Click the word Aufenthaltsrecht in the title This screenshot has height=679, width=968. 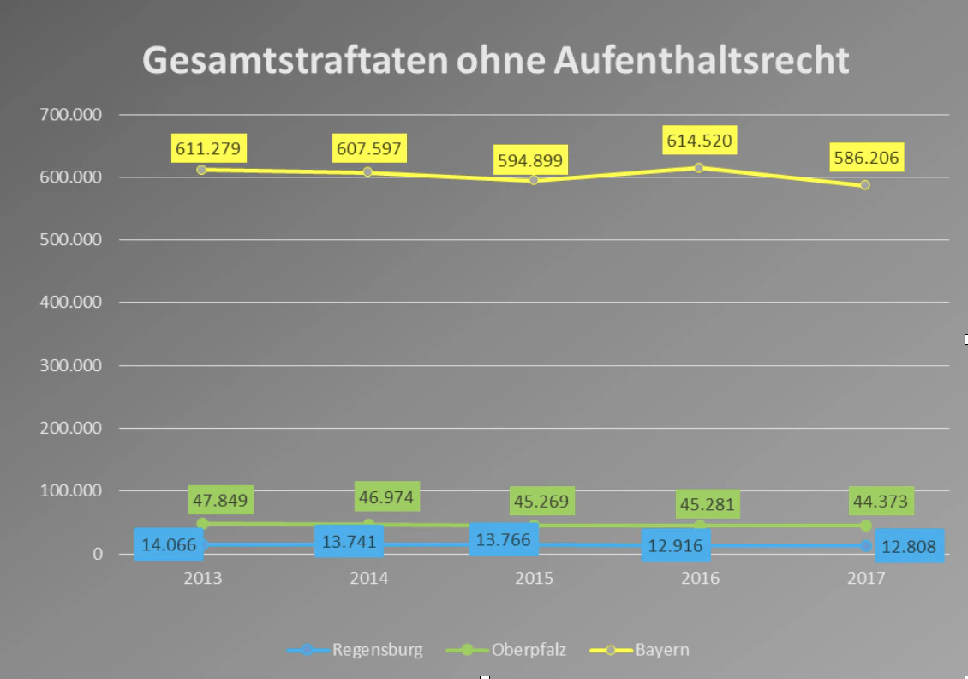point(702,61)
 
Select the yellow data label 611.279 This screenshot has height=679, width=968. point(209,147)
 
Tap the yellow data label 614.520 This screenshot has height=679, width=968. point(699,141)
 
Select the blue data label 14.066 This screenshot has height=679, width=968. point(169,544)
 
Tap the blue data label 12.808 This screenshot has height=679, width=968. point(908,545)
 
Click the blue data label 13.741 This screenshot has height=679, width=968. point(349,541)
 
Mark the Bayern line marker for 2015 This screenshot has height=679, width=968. point(534,180)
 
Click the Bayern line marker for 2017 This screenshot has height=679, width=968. point(865,185)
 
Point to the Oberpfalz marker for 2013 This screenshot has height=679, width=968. point(202,523)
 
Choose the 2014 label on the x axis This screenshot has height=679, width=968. point(368,579)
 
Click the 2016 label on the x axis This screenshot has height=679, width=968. point(700,579)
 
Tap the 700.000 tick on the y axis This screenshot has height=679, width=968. point(71,115)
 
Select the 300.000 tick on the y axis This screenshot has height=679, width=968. point(71,366)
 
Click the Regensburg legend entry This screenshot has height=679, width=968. point(356,650)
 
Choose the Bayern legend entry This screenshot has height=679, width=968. point(641,650)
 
